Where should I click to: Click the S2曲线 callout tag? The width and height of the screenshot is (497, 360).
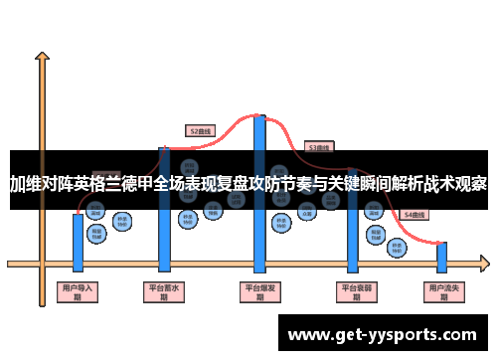pos(201,129)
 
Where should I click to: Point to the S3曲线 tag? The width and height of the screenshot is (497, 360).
pos(319,146)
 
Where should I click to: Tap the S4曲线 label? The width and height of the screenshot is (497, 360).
pos(414,214)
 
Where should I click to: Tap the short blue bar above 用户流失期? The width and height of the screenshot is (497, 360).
pos(442,257)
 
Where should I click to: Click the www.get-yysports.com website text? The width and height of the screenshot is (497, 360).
pos(383,333)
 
